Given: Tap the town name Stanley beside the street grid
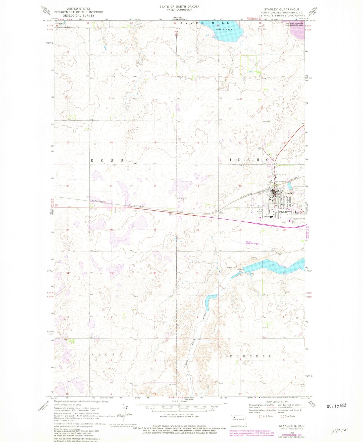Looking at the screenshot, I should point(289,193).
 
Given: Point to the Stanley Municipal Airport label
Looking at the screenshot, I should point(252,243).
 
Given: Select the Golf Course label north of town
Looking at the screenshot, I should point(282,174).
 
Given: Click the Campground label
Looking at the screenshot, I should point(281,181).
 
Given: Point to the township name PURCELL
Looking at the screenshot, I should point(250,356).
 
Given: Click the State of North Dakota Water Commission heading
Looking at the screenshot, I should point(179,8).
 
